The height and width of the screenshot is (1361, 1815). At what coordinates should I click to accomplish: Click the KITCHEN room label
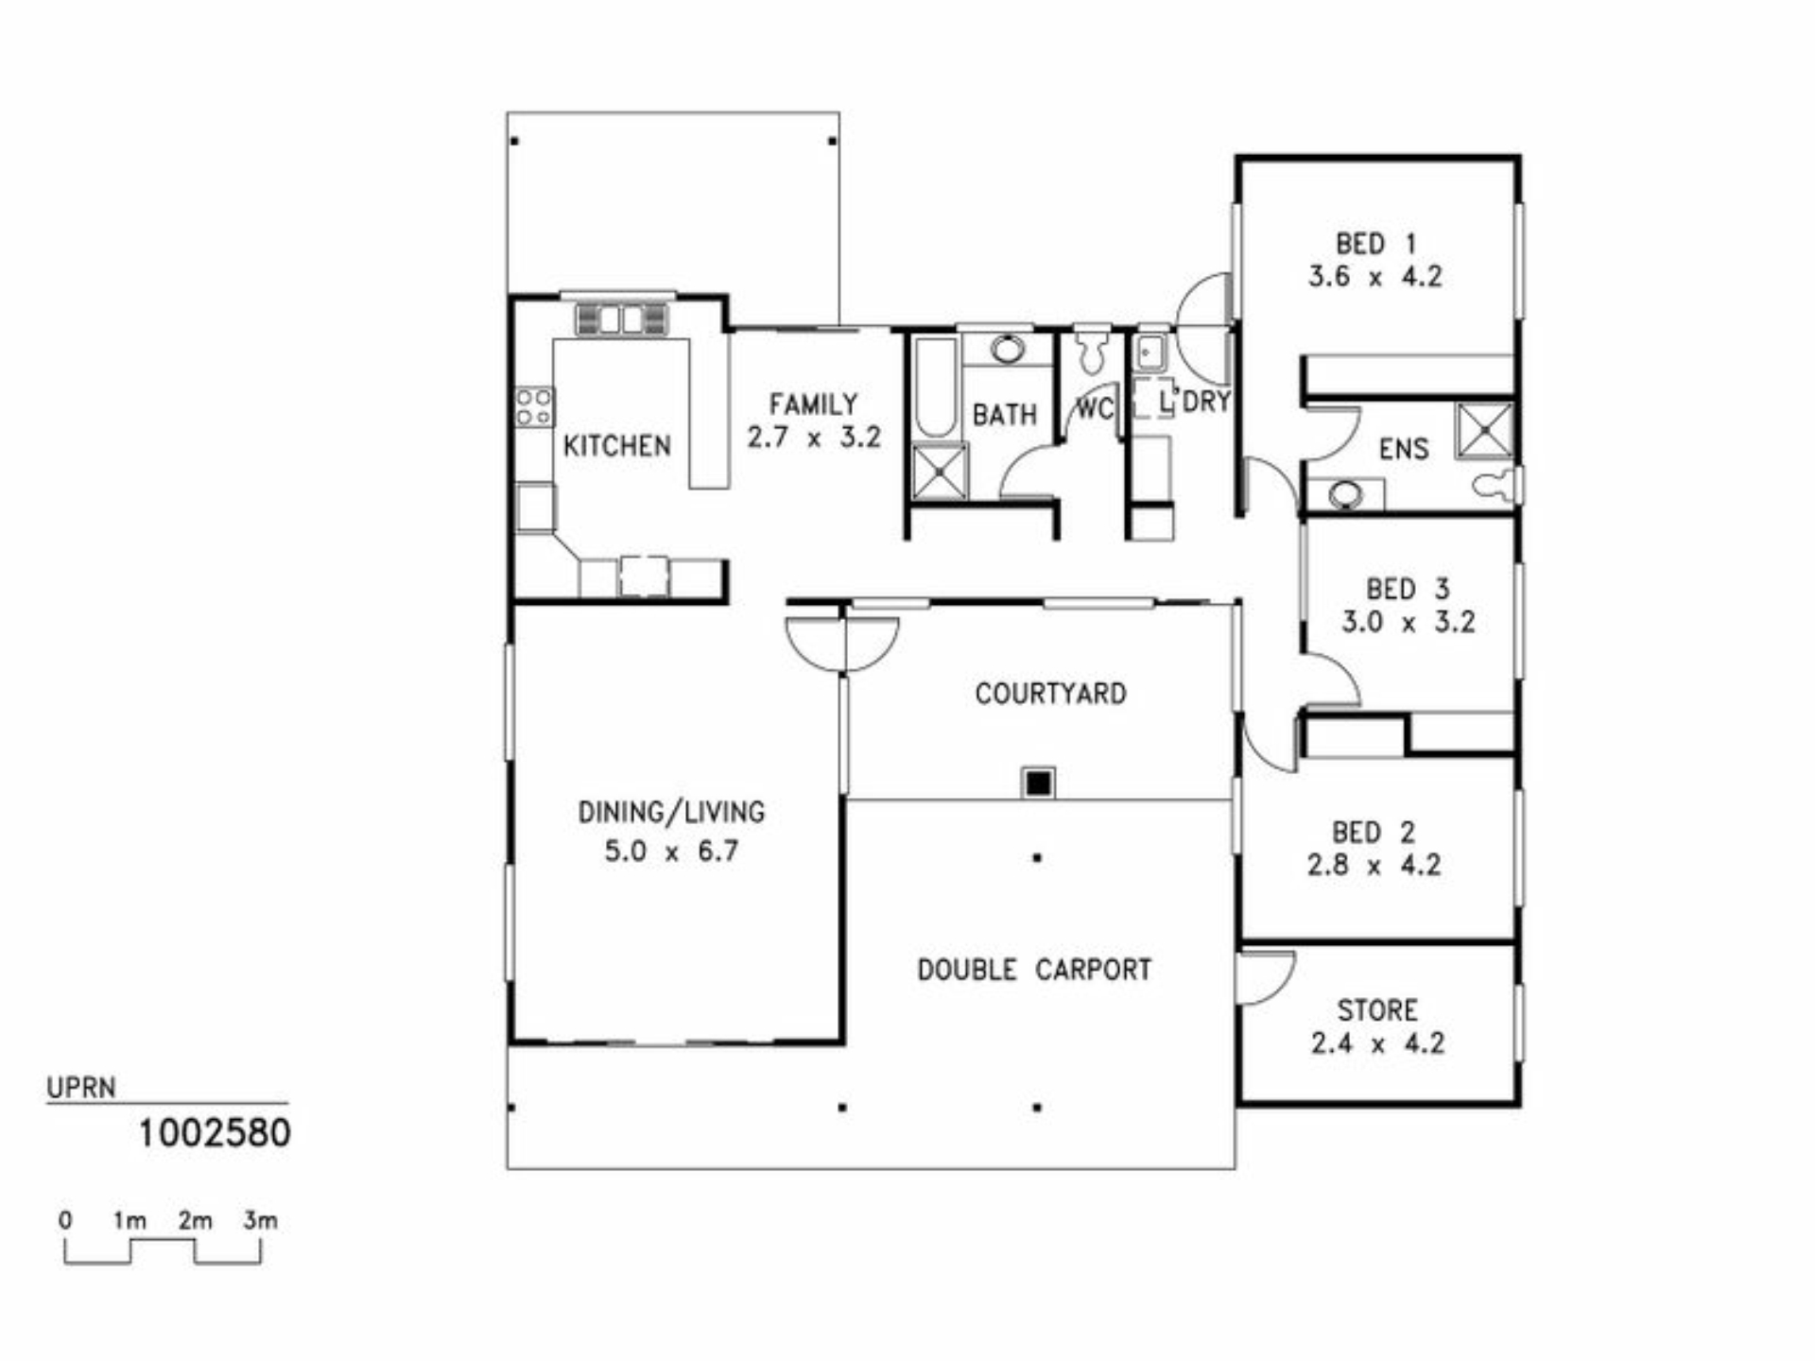616,445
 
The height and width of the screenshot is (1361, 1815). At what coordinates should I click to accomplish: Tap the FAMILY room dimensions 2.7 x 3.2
814,438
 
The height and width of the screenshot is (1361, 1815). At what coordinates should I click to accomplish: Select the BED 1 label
1375,244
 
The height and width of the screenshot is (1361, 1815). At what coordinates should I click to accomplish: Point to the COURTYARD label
1050,694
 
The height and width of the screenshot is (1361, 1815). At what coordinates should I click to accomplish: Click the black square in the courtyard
1039,783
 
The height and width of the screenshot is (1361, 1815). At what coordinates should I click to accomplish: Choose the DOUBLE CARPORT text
1034,970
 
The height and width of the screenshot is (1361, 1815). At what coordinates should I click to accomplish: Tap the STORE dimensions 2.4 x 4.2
1377,1043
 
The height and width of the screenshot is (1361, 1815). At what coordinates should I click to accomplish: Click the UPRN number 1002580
215,1133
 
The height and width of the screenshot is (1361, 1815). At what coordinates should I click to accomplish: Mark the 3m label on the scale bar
260,1220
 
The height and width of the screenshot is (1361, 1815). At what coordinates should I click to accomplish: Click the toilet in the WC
1093,349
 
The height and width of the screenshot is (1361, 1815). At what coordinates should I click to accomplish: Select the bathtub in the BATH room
936,388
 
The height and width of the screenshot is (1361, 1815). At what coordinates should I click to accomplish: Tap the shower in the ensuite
1484,430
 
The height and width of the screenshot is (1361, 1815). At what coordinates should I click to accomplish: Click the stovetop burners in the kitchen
534,406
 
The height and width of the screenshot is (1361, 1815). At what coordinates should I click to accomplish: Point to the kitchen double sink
621,319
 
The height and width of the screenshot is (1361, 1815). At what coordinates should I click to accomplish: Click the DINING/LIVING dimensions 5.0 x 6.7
671,852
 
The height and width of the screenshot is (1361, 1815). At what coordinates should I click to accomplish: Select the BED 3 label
1408,589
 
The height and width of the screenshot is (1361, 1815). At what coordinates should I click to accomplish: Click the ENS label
1404,449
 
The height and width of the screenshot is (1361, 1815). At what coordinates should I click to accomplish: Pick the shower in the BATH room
940,472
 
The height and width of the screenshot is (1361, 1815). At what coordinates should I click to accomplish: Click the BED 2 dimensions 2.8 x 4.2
1374,865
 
